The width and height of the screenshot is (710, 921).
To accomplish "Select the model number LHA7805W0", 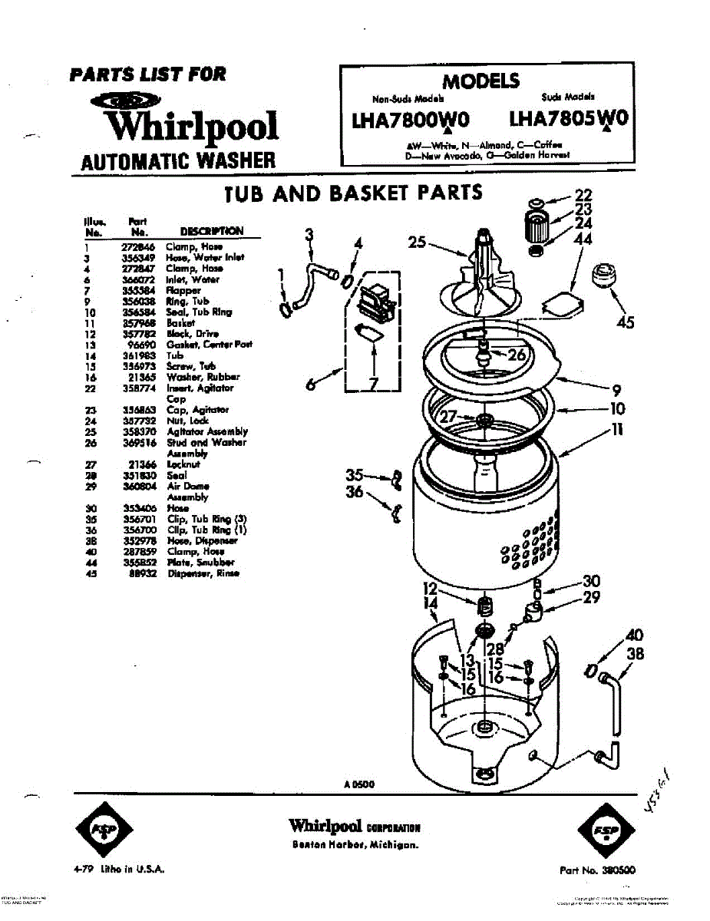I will (569, 119).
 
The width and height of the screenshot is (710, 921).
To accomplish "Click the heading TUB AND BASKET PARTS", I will (353, 193).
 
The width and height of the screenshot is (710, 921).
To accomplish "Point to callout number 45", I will (625, 322).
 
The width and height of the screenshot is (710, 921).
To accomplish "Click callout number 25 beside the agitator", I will (417, 243).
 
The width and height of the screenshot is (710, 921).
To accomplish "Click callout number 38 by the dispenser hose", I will (635, 654).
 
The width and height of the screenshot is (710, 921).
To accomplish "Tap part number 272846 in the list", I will (139, 247).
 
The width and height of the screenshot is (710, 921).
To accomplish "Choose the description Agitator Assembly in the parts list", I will (207, 431).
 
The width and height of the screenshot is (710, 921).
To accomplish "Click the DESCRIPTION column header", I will (212, 231).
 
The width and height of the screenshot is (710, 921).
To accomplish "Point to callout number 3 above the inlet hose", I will (309, 235).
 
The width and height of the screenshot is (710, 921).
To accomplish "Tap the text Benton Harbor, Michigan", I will (355, 844).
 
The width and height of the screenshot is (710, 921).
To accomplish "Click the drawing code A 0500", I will (358, 784).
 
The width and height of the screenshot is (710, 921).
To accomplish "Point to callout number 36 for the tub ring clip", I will (354, 492).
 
